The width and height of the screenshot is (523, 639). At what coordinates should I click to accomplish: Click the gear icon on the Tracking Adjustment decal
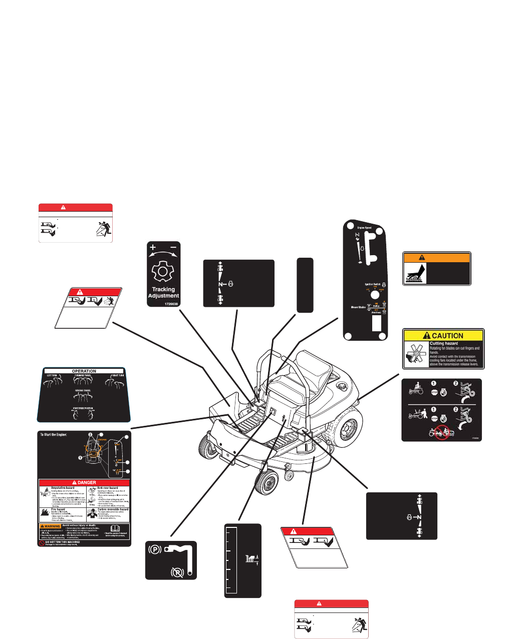pos(162,273)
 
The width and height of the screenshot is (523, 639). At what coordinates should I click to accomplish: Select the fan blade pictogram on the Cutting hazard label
pos(415,354)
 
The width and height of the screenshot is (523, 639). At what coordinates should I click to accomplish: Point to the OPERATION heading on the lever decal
pos(84,371)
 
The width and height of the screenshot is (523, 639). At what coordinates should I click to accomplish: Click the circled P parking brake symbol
pos(156,549)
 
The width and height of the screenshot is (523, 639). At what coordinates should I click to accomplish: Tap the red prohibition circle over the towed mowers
pos(441,432)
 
